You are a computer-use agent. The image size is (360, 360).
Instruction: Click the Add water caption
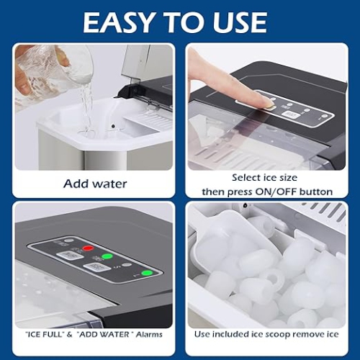pyautogui.click(x=95, y=184)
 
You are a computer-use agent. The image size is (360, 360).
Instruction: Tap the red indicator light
pyautogui.click(x=89, y=249)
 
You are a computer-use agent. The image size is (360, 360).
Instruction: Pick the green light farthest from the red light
pyautogui.click(x=147, y=273)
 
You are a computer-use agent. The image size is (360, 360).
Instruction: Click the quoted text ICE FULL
pyautogui.click(x=45, y=334)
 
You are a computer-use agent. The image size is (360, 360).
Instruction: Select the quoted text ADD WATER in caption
pyautogui.click(x=104, y=334)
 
